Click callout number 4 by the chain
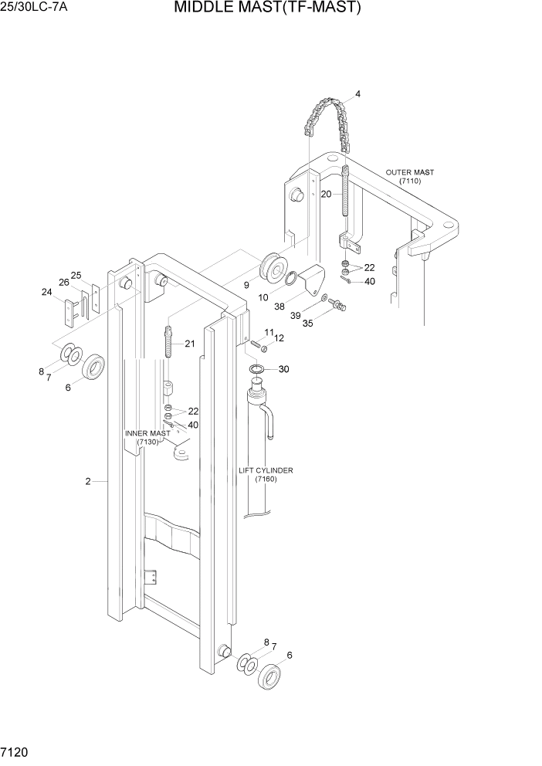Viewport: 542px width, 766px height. click(x=357, y=94)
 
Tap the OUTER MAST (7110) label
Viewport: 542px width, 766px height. click(x=409, y=176)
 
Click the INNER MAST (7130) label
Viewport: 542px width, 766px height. click(x=147, y=437)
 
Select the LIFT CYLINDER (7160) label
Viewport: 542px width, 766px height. click(x=266, y=474)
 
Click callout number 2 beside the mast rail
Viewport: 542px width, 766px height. click(x=88, y=481)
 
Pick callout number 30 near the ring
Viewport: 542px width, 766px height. click(x=283, y=369)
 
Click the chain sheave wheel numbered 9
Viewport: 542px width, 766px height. click(x=272, y=270)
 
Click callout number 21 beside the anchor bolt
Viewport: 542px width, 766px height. click(x=189, y=344)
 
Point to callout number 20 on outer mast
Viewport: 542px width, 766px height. click(x=326, y=194)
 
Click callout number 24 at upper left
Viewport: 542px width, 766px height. click(x=46, y=292)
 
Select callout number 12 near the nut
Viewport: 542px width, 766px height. click(x=279, y=337)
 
